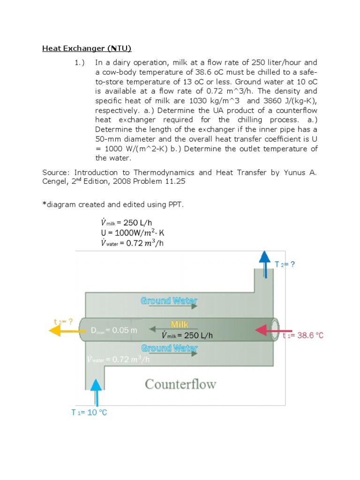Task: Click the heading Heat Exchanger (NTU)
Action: [x=87, y=48]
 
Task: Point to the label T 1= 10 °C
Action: [x=89, y=412]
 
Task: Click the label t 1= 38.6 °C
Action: [x=303, y=336]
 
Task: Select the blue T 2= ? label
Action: [x=285, y=264]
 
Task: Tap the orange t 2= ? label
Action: [x=64, y=322]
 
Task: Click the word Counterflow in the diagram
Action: [x=180, y=384]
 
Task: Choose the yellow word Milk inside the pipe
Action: [x=180, y=324]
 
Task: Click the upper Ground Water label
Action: [x=169, y=300]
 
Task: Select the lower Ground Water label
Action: [x=169, y=348]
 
